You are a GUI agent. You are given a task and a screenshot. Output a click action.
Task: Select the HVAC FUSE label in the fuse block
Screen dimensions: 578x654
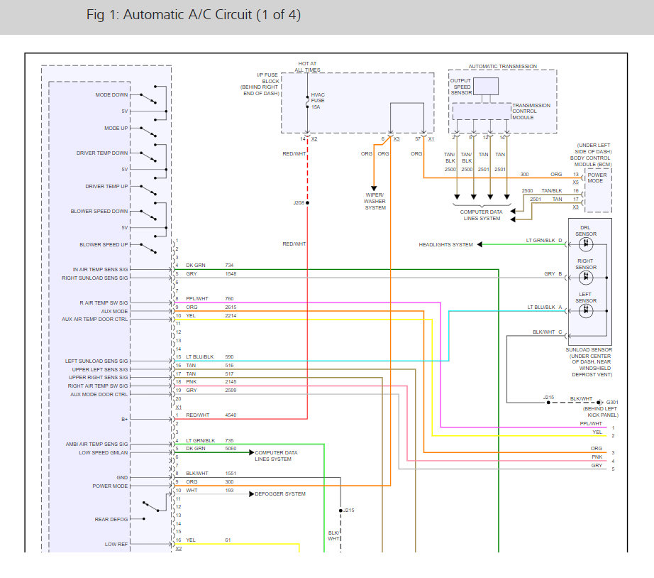tap(318, 100)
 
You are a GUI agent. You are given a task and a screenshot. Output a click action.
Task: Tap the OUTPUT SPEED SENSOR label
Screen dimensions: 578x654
tap(460, 86)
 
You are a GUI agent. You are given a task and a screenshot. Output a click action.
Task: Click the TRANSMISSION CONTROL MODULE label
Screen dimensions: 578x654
tap(531, 111)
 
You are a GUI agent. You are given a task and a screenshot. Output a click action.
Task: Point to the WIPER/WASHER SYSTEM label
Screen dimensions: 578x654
tap(375, 201)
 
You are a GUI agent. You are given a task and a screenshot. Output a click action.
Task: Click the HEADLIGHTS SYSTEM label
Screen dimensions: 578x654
tap(445, 244)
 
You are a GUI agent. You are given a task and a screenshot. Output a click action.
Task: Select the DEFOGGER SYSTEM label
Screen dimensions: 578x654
tap(280, 494)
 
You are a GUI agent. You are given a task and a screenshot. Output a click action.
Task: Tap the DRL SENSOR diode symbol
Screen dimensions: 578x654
tap(586, 244)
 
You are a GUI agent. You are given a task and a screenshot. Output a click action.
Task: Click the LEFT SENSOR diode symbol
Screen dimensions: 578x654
tap(586, 310)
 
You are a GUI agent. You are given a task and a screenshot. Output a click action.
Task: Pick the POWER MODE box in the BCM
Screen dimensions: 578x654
tap(597, 178)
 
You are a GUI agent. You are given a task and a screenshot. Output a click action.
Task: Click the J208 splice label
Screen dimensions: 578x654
tap(299, 202)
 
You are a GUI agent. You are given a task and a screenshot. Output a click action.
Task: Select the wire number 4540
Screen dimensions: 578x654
tap(232, 415)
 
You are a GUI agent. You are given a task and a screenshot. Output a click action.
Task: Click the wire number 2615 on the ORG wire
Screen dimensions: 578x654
tap(232, 307)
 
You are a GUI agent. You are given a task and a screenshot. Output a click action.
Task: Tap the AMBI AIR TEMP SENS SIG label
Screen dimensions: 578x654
tap(97, 444)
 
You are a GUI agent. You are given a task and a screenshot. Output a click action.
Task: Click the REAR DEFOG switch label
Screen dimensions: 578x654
tap(111, 519)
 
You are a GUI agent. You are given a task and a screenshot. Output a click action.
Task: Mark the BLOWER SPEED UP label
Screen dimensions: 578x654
tap(104, 244)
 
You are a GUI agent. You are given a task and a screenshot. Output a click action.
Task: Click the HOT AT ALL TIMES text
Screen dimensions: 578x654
tap(308, 67)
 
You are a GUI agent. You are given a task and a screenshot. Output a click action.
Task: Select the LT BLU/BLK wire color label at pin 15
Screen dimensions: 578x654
tap(200, 356)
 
